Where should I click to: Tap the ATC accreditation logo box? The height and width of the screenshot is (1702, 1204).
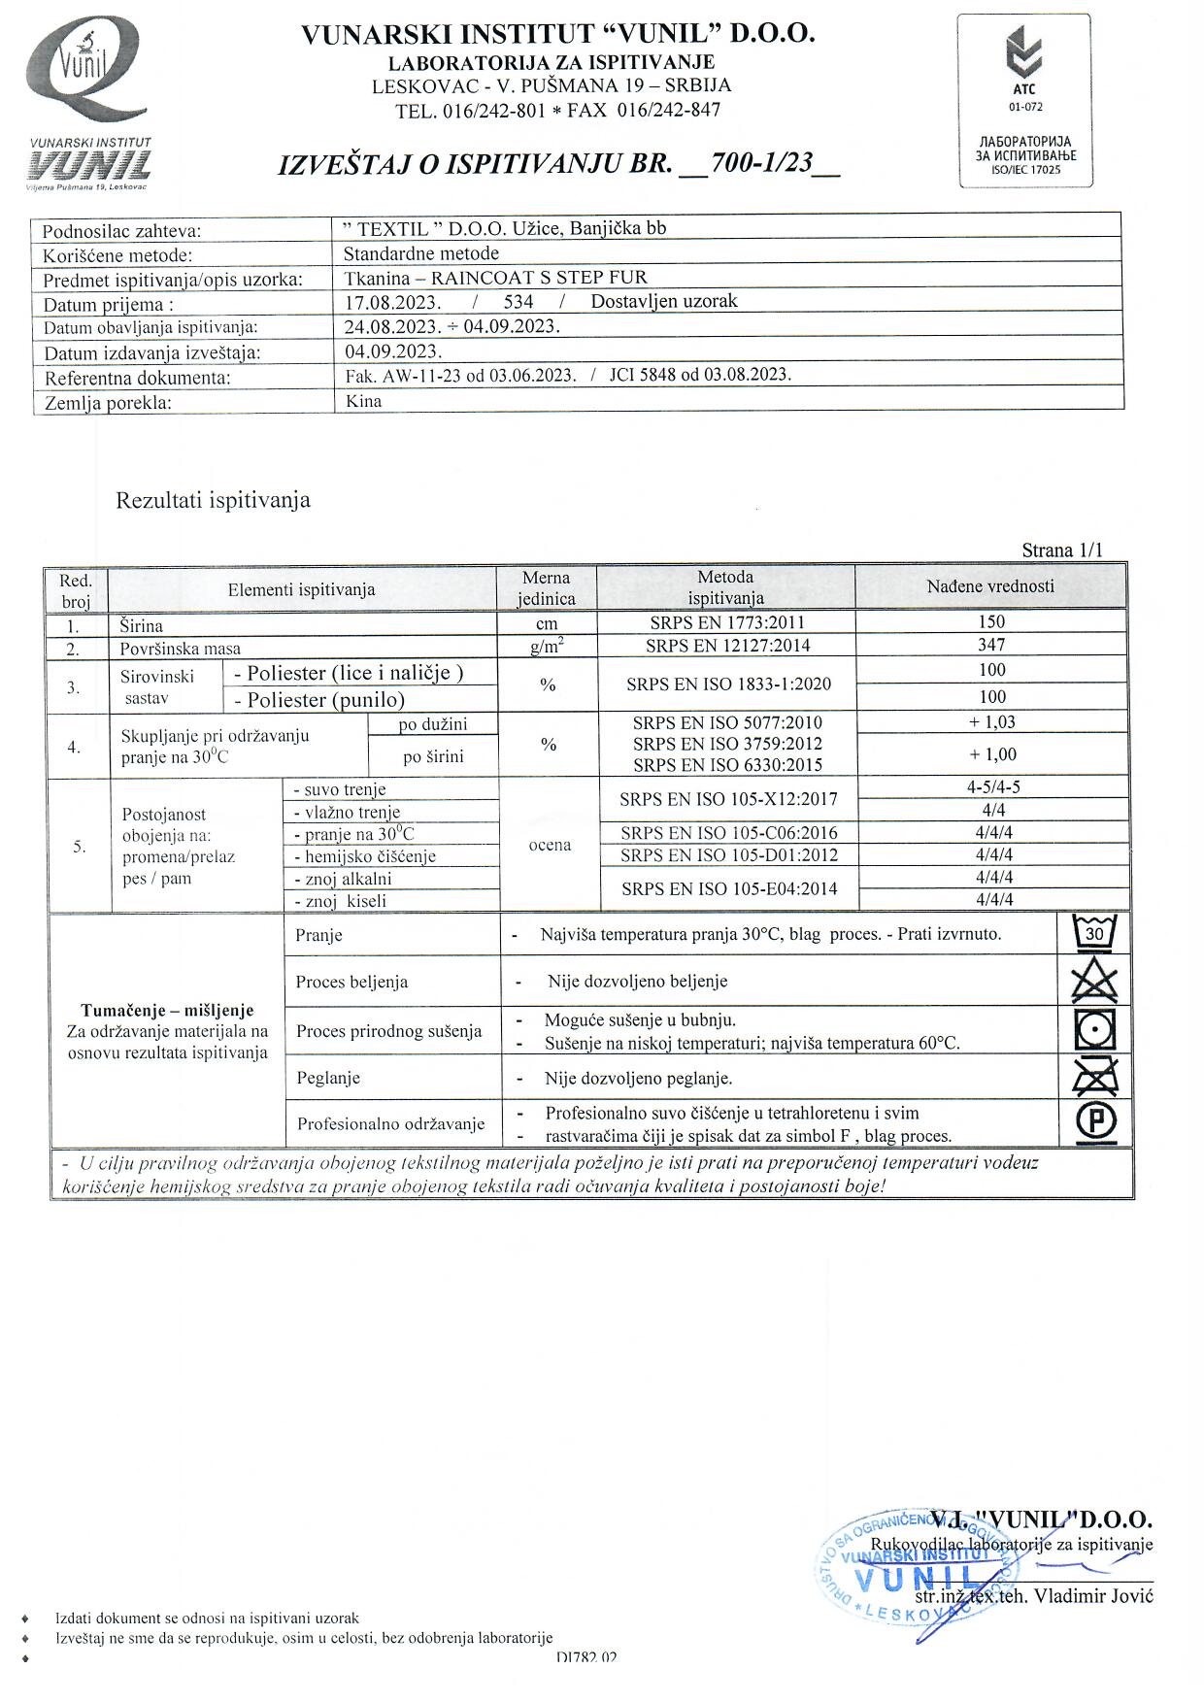(1025, 100)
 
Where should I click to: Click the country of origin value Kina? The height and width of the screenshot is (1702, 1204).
(364, 401)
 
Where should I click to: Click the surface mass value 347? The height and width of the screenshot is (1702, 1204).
(991, 645)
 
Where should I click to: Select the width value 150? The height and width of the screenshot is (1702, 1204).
(991, 622)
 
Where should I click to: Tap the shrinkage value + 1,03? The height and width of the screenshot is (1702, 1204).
(991, 722)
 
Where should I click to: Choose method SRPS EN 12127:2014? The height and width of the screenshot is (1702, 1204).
(727, 646)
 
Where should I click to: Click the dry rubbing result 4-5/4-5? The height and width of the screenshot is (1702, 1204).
(993, 787)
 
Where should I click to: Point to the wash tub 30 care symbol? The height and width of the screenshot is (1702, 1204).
(1094, 934)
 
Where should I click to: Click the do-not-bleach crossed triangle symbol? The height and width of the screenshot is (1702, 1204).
(1094, 982)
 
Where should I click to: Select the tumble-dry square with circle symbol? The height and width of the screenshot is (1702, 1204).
(1094, 1030)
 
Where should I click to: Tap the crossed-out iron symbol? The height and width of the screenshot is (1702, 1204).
(1094, 1077)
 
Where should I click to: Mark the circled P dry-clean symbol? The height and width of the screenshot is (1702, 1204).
(1095, 1122)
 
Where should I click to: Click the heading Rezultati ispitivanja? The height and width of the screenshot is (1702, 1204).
(214, 501)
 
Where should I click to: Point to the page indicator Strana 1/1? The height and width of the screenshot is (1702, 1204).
(1062, 551)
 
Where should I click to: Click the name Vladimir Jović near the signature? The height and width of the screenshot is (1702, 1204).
(1092, 1596)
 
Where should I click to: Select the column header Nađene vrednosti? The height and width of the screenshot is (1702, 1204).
(990, 586)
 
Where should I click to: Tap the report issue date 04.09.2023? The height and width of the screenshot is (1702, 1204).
(393, 351)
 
